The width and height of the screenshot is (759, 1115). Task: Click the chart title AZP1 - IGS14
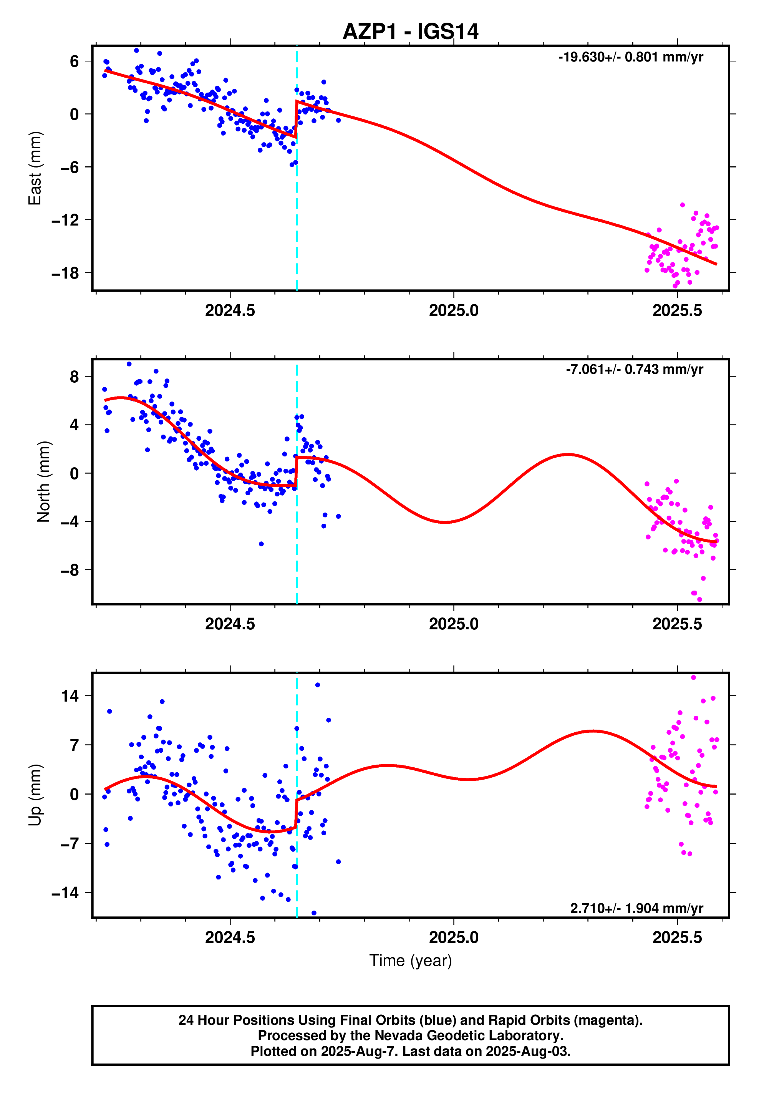[x=410, y=32]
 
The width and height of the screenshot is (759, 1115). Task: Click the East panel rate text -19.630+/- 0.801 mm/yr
[x=630, y=57]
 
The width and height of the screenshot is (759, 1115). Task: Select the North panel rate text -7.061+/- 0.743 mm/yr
[x=634, y=370]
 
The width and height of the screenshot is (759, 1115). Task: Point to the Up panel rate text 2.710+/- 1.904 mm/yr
[x=636, y=908]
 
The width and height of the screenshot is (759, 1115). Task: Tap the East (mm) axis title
[x=35, y=168]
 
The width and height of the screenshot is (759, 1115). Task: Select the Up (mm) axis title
[x=35, y=795]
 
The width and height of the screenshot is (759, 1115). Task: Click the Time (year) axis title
[x=410, y=961]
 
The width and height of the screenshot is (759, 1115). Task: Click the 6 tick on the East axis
[x=74, y=61]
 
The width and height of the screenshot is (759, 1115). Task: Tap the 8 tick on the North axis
[x=74, y=377]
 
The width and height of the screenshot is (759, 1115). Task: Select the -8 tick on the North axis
[x=69, y=570]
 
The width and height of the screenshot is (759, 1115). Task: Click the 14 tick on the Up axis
[x=69, y=696]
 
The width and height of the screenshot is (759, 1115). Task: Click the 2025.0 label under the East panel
[x=453, y=310]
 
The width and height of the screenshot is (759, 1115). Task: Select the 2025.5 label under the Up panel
[x=677, y=937]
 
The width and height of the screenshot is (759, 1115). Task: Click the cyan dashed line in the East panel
[x=297, y=216]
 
